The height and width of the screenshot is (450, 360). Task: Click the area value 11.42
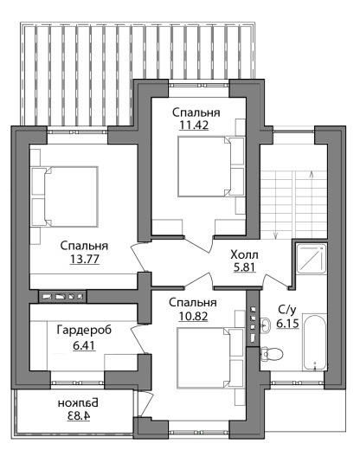(194, 125)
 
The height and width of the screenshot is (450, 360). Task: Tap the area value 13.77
(85, 259)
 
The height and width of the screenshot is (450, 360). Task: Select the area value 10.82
(193, 317)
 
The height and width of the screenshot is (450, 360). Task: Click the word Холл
(244, 254)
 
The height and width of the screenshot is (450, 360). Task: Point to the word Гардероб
(84, 331)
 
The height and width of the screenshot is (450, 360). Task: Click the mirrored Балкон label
(78, 402)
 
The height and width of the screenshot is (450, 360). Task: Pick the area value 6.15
(287, 324)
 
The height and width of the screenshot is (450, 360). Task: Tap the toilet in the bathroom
(272, 354)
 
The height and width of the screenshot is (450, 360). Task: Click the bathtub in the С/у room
(315, 343)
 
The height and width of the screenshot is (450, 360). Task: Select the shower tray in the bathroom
(312, 258)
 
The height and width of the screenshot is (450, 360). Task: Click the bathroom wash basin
(266, 325)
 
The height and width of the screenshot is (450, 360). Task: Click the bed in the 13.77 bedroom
(65, 196)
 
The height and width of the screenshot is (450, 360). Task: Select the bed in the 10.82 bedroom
(210, 358)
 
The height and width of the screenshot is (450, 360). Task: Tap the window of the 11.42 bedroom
(198, 85)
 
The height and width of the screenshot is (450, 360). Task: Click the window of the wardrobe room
(77, 382)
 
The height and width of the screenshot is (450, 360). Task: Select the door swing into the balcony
(145, 404)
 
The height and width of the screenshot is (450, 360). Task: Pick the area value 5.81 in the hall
(244, 267)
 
